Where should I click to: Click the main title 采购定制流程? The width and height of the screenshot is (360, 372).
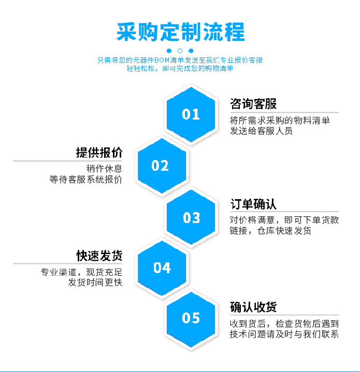pyautogui.click(x=180, y=32)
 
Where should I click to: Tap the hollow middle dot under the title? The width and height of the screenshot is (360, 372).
pyautogui.click(x=180, y=51)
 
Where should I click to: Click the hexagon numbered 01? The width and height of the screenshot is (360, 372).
pyautogui.click(x=191, y=114)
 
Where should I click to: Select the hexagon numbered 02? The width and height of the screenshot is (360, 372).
pyautogui.click(x=162, y=166)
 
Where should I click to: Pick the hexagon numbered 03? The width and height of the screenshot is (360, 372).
pyautogui.click(x=191, y=217)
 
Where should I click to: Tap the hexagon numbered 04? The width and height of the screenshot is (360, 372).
pyautogui.click(x=162, y=268)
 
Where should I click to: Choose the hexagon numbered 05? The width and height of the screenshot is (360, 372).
pyautogui.click(x=191, y=318)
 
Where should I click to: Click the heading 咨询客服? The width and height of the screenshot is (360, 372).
pyautogui.click(x=253, y=103)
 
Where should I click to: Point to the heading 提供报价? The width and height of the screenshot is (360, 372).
pyautogui.click(x=99, y=153)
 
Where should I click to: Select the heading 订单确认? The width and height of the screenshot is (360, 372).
pyautogui.click(x=253, y=204)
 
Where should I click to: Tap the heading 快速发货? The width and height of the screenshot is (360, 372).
pyautogui.click(x=99, y=256)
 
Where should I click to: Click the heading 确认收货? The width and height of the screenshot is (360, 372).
pyautogui.click(x=253, y=307)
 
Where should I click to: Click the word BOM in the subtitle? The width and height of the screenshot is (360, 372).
pyautogui.click(x=162, y=60)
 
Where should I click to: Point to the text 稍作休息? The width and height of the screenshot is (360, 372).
pyautogui.click(x=104, y=169)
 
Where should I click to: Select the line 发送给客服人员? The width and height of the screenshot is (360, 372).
pyautogui.click(x=261, y=131)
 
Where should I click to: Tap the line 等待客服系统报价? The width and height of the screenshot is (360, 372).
pyautogui.click(x=85, y=180)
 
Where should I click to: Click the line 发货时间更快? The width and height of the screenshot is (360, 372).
pyautogui.click(x=95, y=282)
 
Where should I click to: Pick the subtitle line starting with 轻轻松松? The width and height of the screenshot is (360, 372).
pyautogui.click(x=180, y=68)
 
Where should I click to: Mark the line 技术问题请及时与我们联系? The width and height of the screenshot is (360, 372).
pyautogui.click(x=284, y=334)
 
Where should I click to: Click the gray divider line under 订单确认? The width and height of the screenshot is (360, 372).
pyautogui.click(x=285, y=212)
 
